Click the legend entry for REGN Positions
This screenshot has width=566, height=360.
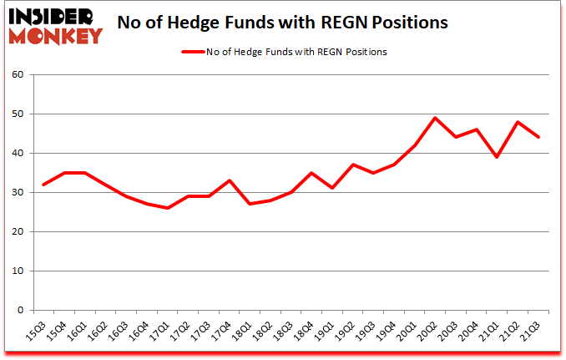(285, 52)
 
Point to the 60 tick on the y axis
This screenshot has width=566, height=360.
(18, 75)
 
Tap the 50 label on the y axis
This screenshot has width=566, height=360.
(18, 114)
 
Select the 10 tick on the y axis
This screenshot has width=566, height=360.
(18, 271)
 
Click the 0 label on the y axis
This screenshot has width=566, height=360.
(21, 311)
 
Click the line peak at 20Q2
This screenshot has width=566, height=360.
(436, 118)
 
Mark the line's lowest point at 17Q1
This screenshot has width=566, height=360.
(167, 208)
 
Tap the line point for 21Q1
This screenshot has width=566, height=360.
(498, 157)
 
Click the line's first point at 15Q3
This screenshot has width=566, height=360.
(43, 185)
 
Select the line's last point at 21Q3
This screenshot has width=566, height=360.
(538, 137)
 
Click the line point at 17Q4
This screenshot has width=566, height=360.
(230, 180)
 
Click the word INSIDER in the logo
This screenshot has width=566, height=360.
(54, 17)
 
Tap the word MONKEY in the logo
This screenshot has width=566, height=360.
(58, 36)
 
